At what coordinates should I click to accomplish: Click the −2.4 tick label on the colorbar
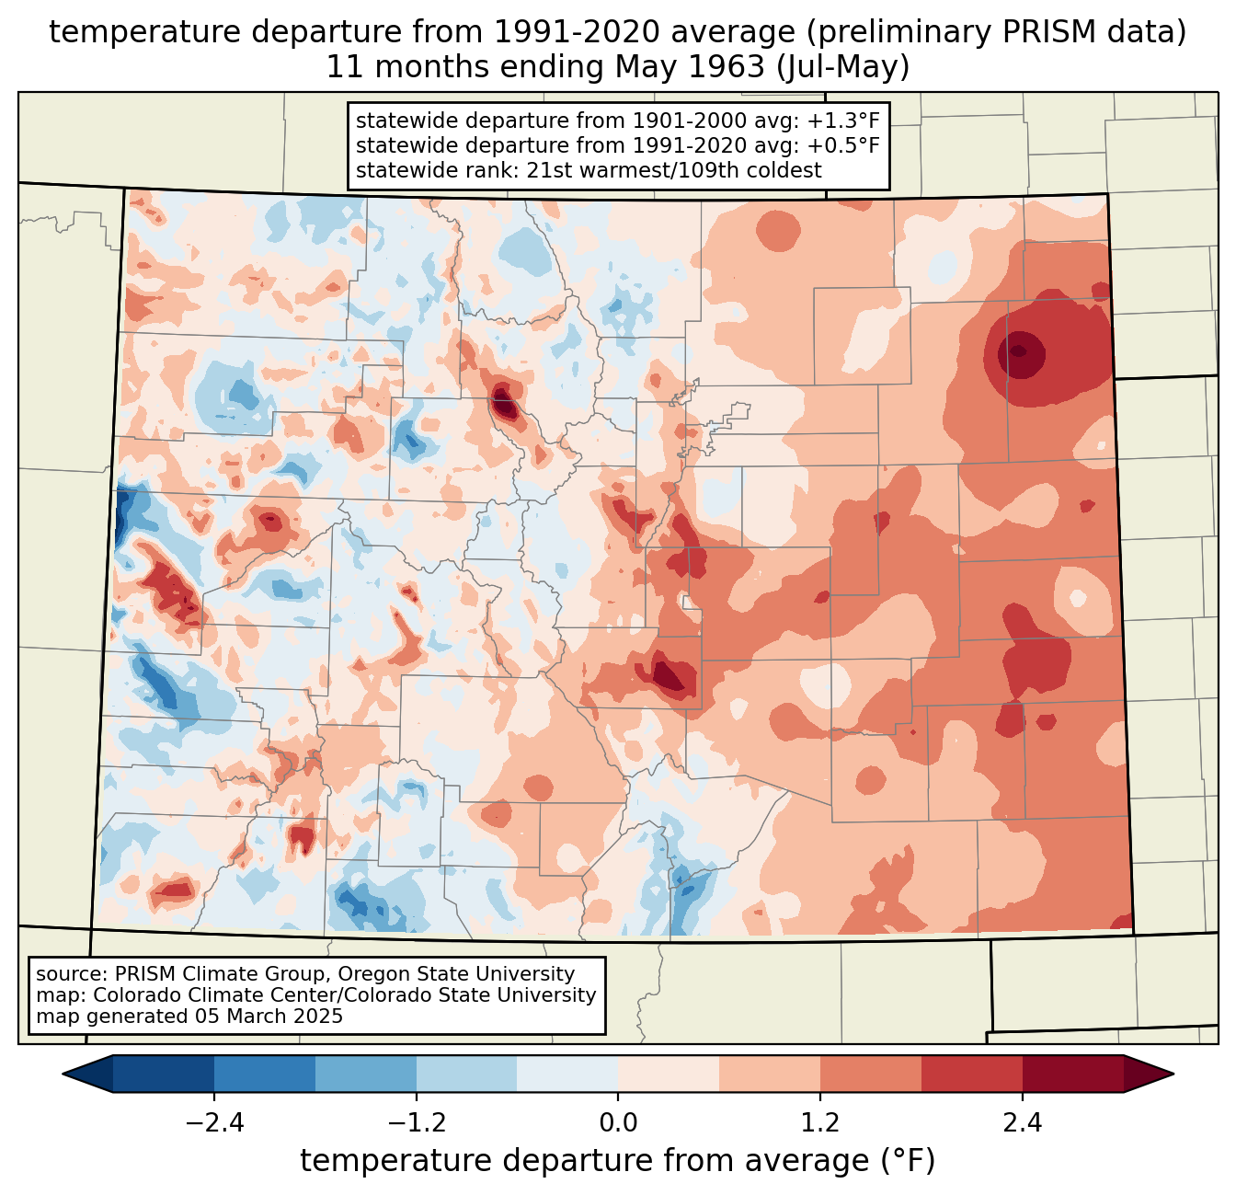[x=214, y=1123]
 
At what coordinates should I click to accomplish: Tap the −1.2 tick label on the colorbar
[x=417, y=1123]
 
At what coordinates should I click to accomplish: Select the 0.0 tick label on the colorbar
[x=618, y=1123]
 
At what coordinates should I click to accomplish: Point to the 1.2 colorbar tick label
[x=820, y=1123]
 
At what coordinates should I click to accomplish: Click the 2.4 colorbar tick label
[x=1023, y=1123]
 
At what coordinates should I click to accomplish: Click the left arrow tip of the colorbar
[x=63, y=1074]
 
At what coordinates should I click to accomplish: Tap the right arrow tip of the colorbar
[x=1173, y=1074]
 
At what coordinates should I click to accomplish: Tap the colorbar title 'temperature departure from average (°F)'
[x=617, y=1160]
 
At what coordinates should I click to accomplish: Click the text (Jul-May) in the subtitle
[x=842, y=67]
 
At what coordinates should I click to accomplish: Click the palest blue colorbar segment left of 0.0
[x=567, y=1074]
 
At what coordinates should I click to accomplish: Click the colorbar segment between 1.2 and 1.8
[x=871, y=1074]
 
